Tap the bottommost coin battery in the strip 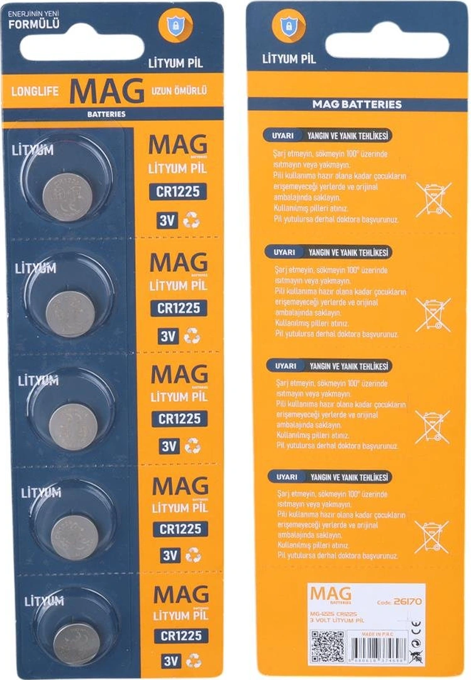75,643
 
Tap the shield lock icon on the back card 289,25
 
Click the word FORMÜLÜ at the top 35,26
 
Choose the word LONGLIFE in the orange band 35,91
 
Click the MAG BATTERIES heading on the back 357,104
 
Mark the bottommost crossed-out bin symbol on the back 431,537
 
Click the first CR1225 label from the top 178,191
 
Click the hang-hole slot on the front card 82,47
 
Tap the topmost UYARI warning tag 282,135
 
